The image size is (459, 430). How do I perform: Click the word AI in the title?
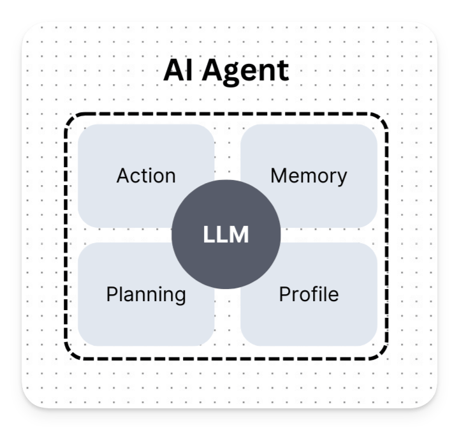click(178, 71)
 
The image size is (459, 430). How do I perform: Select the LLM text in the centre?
click(226, 235)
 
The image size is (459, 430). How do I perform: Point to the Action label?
click(146, 175)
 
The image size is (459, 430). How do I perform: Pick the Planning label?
click(146, 295)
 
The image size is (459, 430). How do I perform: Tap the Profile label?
click(309, 294)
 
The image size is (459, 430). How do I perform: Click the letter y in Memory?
click(342, 179)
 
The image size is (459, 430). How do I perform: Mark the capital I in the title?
click(189, 71)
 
